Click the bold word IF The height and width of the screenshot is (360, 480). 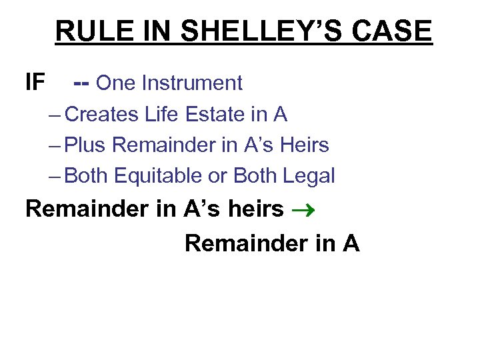(x=35, y=83)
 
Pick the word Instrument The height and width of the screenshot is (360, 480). (x=192, y=83)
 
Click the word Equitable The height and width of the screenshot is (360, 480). (x=169, y=176)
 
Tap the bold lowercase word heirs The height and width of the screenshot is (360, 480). (x=256, y=209)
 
